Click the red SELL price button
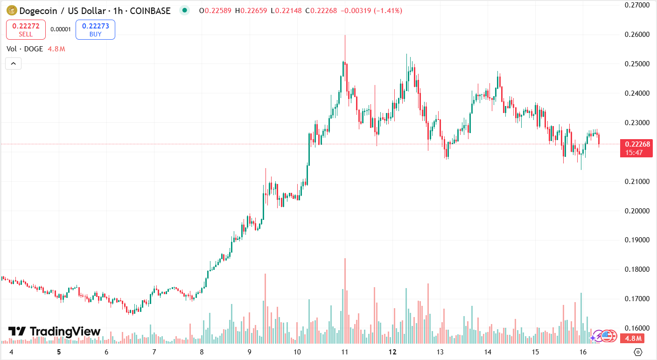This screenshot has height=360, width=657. [x=26, y=29]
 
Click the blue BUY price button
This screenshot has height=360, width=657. [x=95, y=29]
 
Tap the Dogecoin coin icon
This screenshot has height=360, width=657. [x=12, y=10]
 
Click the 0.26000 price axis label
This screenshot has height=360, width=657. [x=637, y=35]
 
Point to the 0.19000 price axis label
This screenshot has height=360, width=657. [x=637, y=240]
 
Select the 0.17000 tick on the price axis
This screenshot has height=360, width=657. [x=637, y=299]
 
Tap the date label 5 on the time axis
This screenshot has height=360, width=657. [x=59, y=352]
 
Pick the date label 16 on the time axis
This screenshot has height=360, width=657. [x=583, y=352]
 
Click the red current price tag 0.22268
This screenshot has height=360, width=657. [x=636, y=144]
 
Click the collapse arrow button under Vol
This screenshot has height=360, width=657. [x=13, y=63]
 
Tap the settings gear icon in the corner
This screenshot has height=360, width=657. [x=638, y=352]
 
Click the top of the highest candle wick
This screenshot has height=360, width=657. [x=345, y=35]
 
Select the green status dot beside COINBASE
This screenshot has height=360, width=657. [x=185, y=10]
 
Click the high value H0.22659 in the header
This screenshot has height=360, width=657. [x=251, y=10]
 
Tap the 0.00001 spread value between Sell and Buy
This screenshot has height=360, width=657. [x=61, y=29]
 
